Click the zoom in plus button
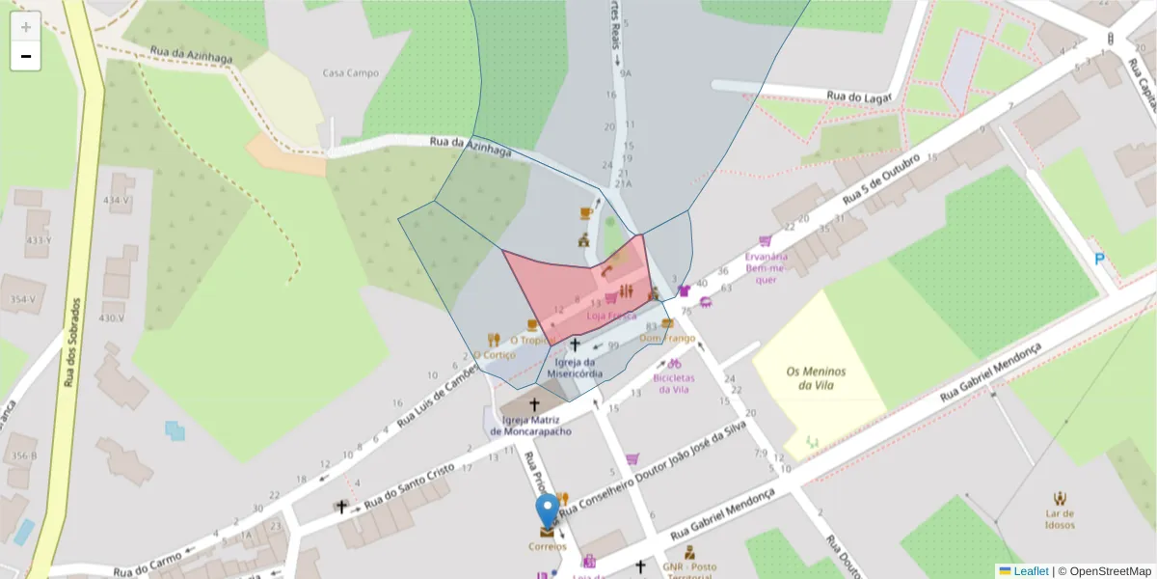[x=26, y=27]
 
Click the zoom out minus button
[x=26, y=56]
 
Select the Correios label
[x=548, y=546]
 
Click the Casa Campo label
[x=350, y=73]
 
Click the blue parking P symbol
[x=1099, y=259]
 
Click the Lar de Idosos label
[x=1060, y=519]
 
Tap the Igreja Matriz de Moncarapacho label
[x=531, y=426]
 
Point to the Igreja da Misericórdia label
[x=575, y=368]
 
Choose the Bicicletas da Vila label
[x=675, y=384]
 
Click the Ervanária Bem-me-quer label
[x=767, y=268]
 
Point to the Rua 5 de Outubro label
[x=879, y=179]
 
